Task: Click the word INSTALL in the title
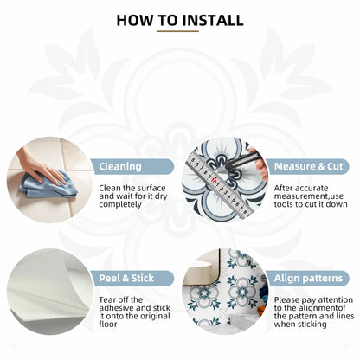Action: [213, 20]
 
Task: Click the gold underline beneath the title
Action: [177, 31]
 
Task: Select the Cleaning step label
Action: [120, 166]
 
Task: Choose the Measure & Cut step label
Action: [309, 166]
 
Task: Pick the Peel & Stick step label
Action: [126, 278]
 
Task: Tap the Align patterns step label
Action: [309, 279]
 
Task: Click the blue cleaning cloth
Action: [48, 185]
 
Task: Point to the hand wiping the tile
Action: [39, 166]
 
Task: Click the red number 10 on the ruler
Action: [214, 182]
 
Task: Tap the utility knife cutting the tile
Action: [244, 158]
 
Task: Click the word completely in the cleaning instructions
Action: [120, 204]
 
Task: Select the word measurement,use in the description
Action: [309, 196]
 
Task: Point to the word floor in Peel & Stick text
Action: [108, 324]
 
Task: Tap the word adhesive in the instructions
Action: [117, 308]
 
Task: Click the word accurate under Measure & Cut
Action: [309, 189]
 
